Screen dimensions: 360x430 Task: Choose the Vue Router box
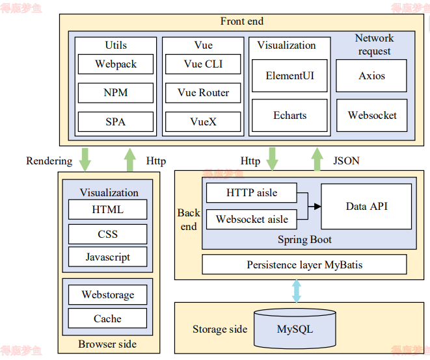(203, 93)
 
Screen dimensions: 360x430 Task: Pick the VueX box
(203, 122)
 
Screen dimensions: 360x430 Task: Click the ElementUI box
(289, 76)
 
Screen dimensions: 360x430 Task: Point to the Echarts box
(289, 116)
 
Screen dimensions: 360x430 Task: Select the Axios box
(371, 76)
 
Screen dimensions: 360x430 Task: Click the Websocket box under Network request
(372, 116)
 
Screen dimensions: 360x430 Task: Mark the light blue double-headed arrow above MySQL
(297, 290)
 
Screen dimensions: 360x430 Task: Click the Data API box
(366, 206)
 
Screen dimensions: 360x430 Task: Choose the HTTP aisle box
(251, 193)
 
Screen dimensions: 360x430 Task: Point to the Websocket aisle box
(251, 220)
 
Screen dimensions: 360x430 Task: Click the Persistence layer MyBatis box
(304, 264)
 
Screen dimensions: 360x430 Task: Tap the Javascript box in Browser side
(107, 257)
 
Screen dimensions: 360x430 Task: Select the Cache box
(107, 318)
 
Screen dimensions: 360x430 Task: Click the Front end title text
(241, 21)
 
